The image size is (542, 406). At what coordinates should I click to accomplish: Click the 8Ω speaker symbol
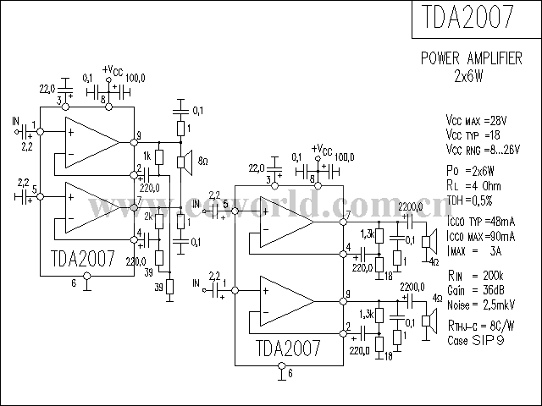click(x=181, y=162)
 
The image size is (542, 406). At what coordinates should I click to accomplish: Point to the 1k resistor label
click(x=147, y=156)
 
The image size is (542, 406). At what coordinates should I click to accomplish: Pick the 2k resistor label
click(x=147, y=217)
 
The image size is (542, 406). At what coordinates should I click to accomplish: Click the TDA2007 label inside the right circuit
click(x=288, y=348)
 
